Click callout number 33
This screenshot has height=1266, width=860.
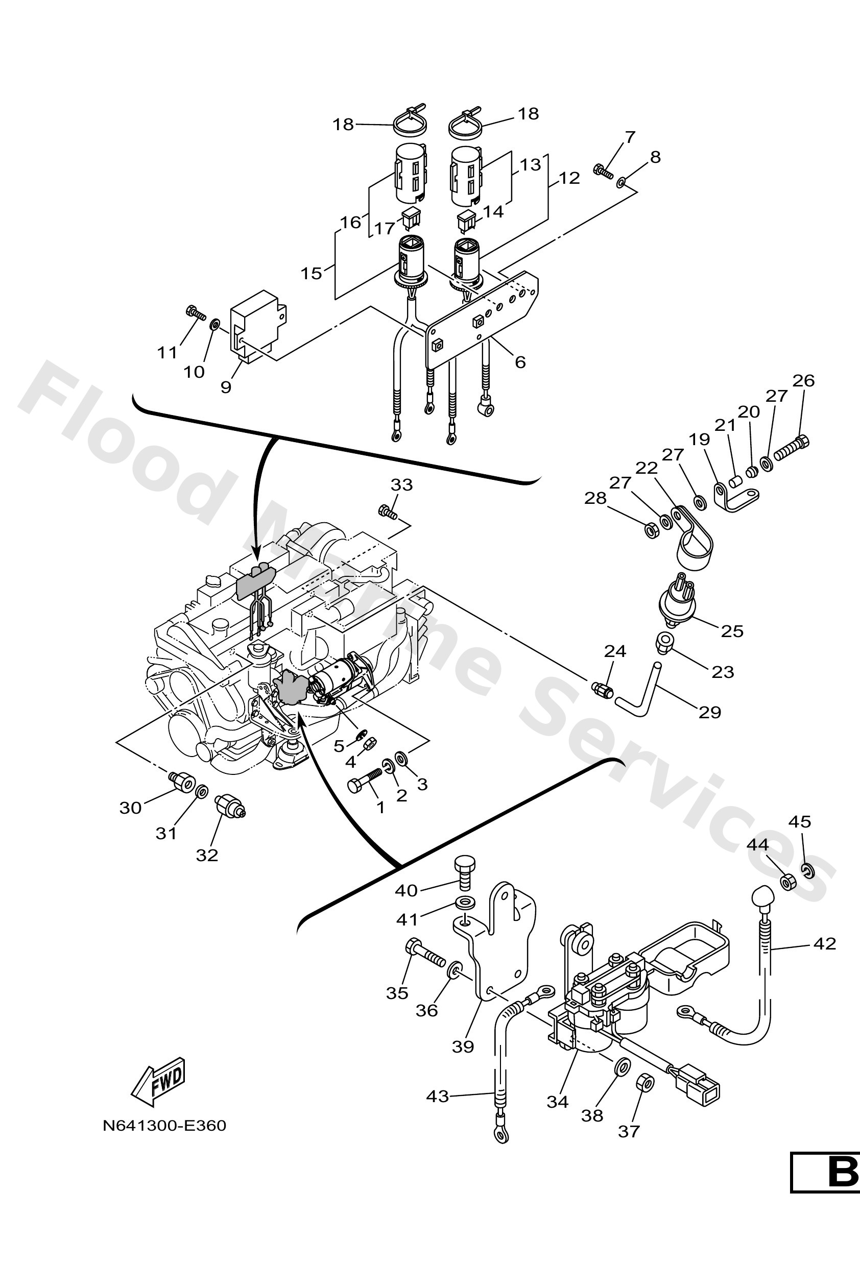point(402,484)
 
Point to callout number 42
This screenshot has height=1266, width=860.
point(824,943)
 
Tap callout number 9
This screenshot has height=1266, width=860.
point(226,387)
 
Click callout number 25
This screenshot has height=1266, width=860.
point(732,631)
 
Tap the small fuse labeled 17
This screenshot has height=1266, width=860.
point(411,220)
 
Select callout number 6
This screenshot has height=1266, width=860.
point(520,362)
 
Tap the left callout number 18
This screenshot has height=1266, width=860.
point(343,125)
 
